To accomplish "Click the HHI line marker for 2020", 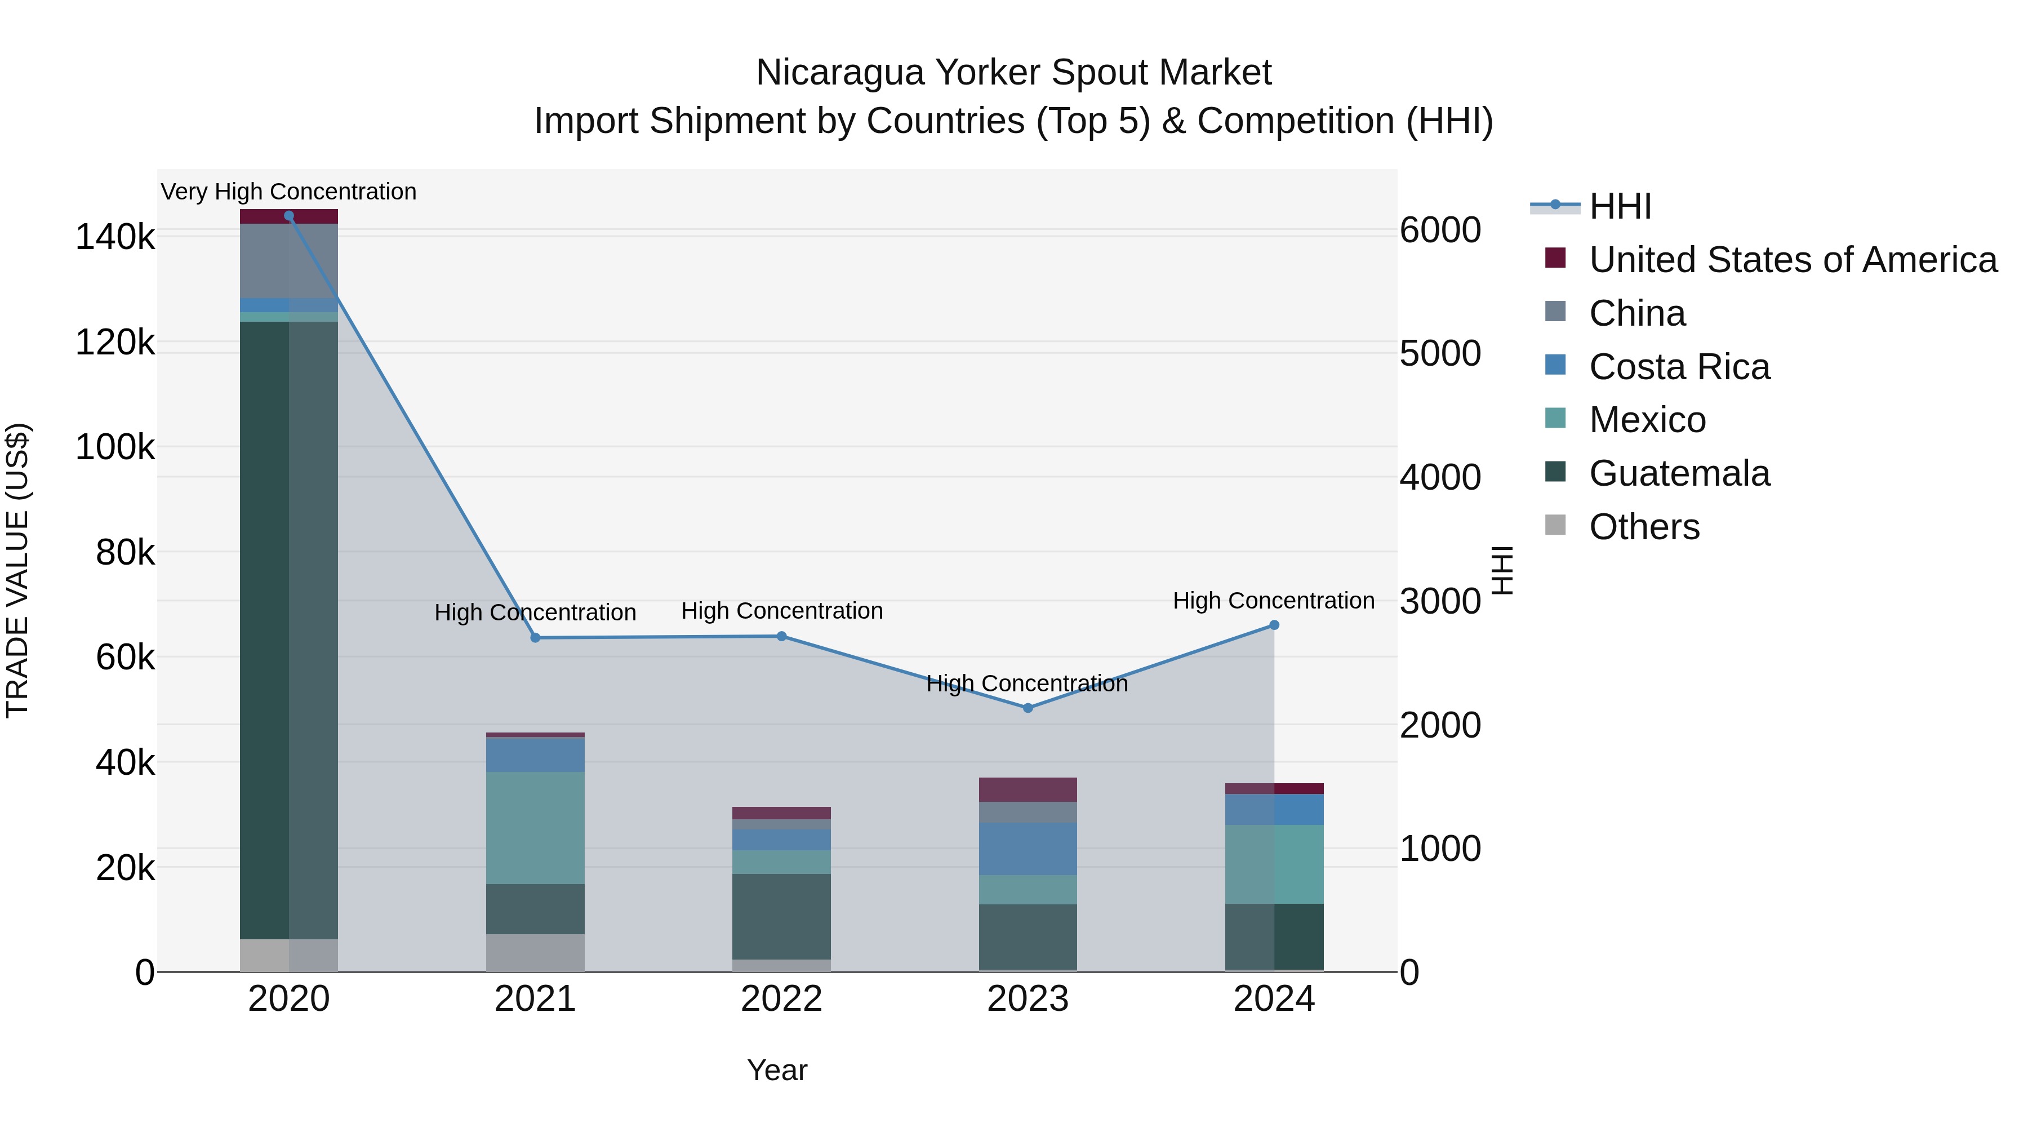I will coord(289,216).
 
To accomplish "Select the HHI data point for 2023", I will coord(1028,708).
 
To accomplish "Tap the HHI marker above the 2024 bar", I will coord(1274,625).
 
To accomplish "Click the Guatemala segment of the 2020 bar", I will coord(289,630).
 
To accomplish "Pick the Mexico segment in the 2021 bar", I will coord(535,828).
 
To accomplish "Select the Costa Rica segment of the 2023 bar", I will coord(1028,849).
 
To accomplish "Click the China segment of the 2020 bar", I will coord(289,261).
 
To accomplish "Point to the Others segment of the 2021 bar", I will coord(535,953).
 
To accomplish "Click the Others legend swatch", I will coord(1555,525).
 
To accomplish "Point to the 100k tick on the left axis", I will coord(115,447).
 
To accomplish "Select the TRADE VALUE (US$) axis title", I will coord(17,570).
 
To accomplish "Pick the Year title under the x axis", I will coord(777,1070).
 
